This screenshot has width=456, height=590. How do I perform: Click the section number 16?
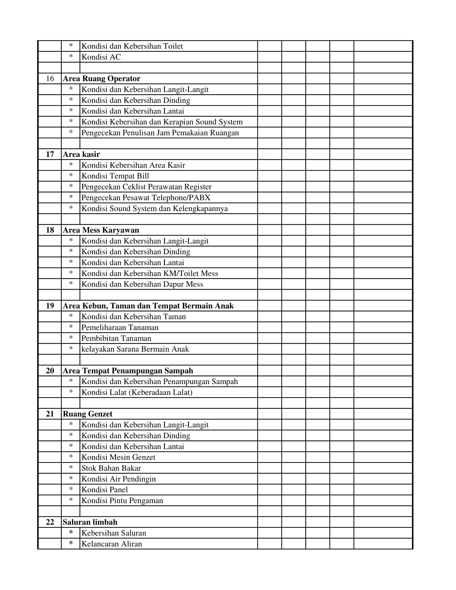point(50,79)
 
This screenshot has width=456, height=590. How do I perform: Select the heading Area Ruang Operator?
point(102,79)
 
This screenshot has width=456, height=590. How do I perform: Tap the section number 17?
point(50,154)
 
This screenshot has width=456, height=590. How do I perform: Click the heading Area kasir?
point(81,154)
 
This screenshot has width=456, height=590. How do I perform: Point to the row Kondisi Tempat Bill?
point(115,176)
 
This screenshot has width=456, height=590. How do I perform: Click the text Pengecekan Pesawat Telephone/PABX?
point(146,198)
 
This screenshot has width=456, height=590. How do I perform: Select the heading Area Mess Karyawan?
point(101,230)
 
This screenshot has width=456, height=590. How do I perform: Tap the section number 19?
point(50,306)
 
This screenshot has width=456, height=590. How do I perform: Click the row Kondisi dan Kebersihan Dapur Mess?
point(142,284)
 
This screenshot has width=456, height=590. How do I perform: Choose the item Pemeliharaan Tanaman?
point(120,327)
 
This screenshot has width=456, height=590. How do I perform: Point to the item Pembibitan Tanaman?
point(116,338)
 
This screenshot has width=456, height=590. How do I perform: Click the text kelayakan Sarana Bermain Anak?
point(135,349)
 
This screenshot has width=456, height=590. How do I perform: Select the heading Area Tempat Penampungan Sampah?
point(128,371)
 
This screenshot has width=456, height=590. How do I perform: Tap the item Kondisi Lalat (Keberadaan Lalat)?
point(137,392)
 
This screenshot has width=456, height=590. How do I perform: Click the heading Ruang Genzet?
point(87,414)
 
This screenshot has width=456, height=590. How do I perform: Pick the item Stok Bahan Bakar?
point(111,468)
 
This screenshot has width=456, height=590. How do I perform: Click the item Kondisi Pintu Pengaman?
point(122,500)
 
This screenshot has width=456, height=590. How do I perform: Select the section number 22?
point(50,522)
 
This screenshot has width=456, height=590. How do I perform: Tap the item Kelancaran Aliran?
point(112,544)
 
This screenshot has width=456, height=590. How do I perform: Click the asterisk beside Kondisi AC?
point(71,57)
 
